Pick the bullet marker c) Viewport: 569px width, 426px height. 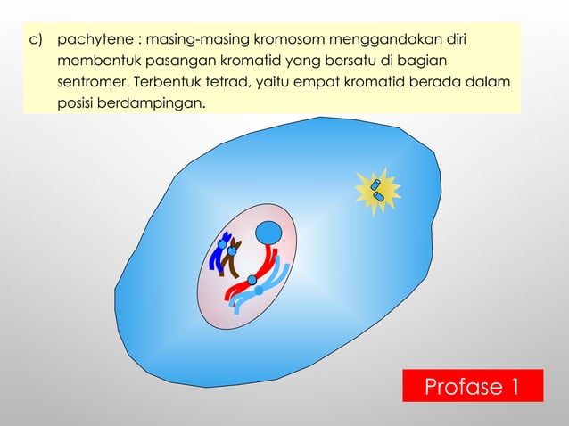point(37,41)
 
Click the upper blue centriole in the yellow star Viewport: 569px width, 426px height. point(375,185)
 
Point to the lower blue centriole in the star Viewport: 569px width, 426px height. point(381,195)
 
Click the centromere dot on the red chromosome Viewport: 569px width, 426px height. point(252,281)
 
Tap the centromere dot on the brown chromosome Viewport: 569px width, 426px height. point(232,251)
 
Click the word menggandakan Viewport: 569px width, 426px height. point(377,41)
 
